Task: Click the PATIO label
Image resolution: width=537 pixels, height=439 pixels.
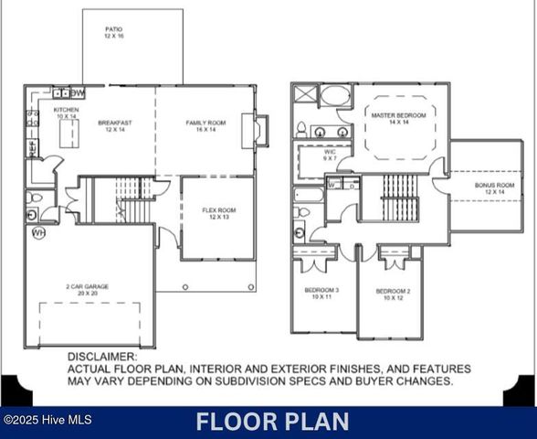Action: coord(113,30)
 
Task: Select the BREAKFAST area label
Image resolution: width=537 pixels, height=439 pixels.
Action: coord(116,123)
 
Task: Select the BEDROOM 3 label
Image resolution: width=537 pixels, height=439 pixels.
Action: coord(321,292)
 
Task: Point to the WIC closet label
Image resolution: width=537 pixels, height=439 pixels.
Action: coord(331,154)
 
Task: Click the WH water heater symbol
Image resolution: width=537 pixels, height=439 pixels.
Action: coord(38,233)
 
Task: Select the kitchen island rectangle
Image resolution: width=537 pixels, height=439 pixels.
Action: coord(67,134)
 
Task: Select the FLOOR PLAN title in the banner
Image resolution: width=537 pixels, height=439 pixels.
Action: coord(272,422)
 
